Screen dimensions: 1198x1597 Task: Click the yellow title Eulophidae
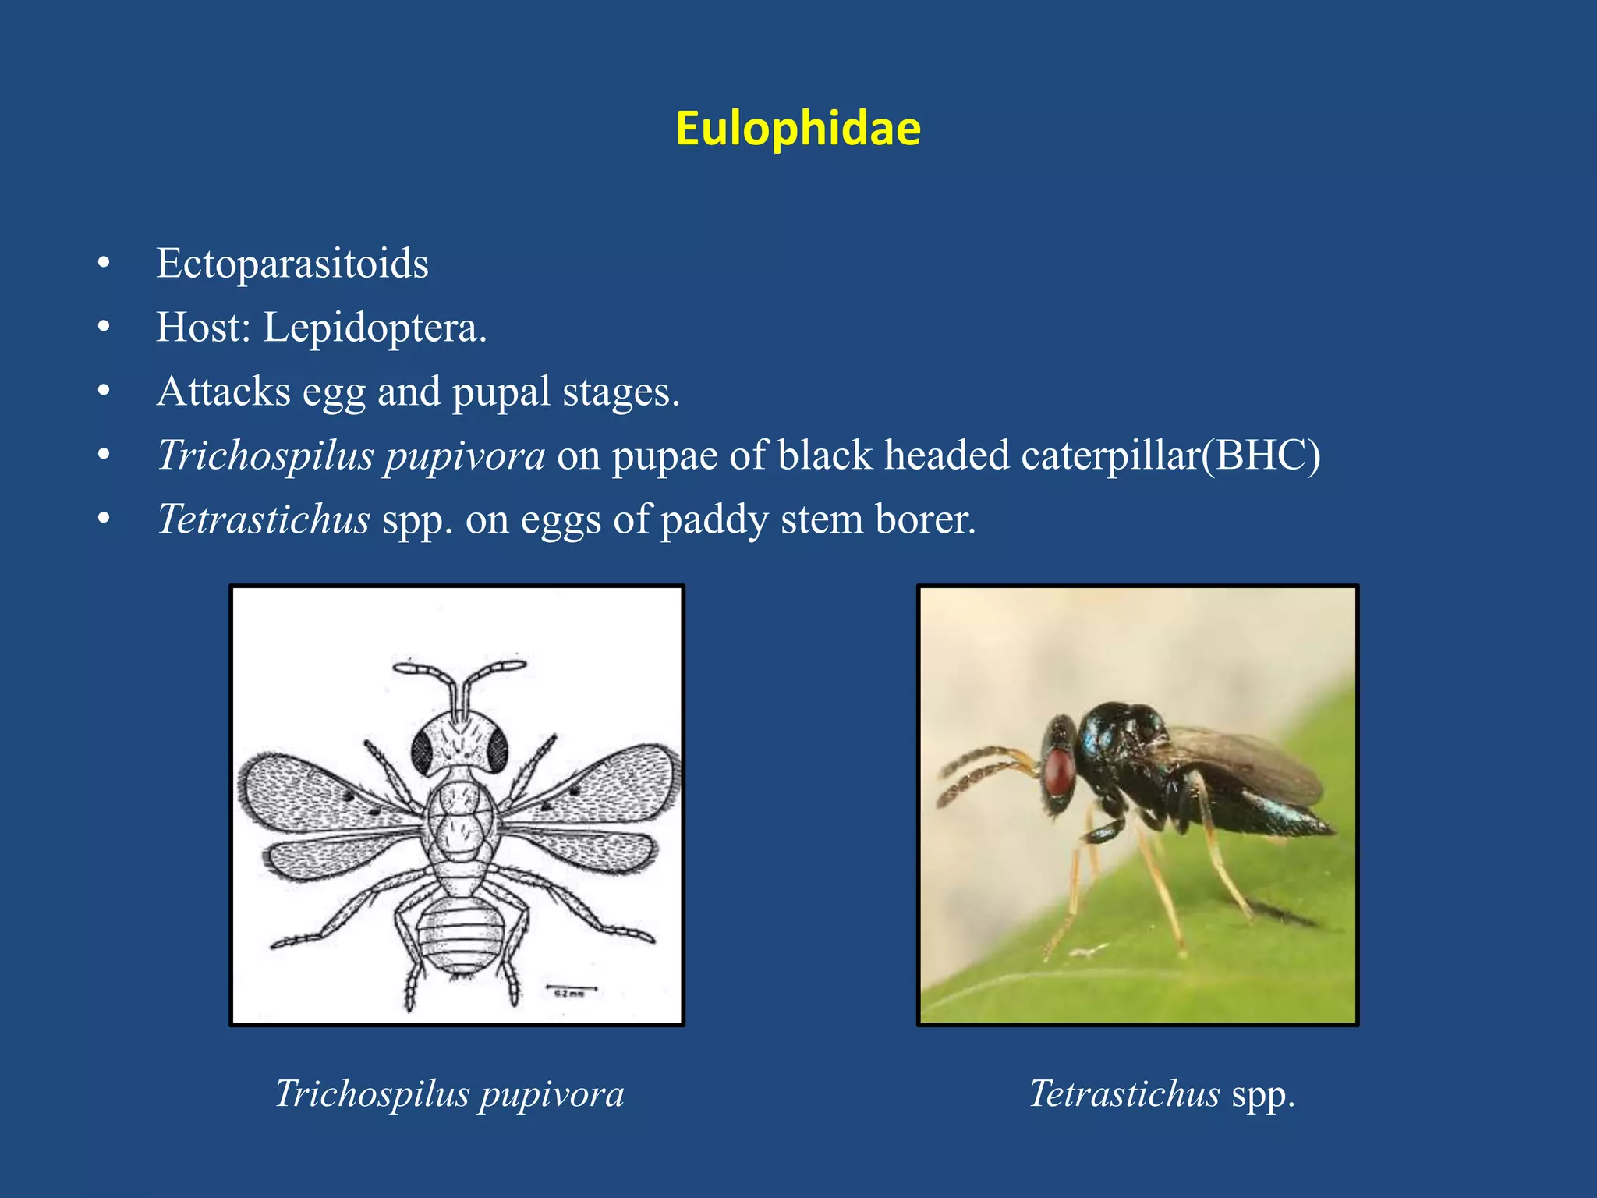point(798,128)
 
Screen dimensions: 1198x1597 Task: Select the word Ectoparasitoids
point(292,264)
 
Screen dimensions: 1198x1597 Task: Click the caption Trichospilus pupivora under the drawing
point(450,1093)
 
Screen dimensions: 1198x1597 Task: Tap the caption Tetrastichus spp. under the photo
point(1162,1093)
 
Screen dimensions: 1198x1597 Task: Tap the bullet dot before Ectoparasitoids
point(104,264)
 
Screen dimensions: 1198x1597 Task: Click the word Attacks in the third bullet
point(223,392)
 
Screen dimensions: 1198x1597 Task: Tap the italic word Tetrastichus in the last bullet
point(264,519)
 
